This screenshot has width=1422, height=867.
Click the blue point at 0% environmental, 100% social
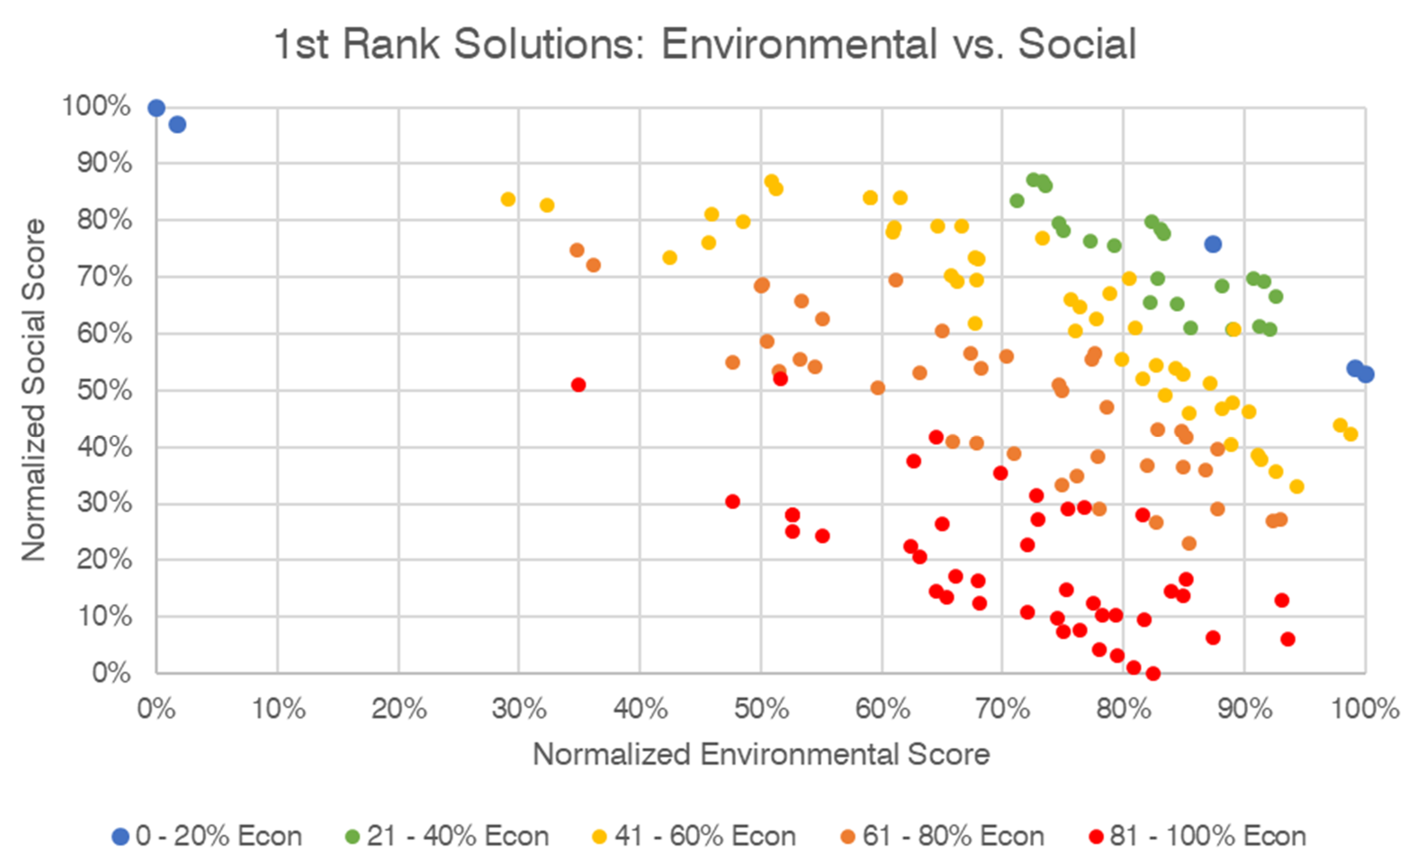coord(156,108)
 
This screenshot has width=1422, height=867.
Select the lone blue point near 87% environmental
coord(1213,244)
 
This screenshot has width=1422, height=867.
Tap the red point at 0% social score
coord(1153,673)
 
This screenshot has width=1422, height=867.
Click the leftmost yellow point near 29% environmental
coord(508,200)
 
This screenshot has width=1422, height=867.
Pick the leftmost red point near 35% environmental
coord(578,385)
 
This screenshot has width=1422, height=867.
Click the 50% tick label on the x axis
coord(761,709)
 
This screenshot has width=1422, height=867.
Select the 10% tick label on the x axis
coord(279,709)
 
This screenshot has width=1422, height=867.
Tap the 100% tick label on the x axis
coord(1365,709)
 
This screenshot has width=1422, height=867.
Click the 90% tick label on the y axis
coord(104,163)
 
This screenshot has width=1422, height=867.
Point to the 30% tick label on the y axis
coord(104,503)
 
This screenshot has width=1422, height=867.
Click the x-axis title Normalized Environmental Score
coord(761,754)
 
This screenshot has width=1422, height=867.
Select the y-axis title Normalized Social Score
coord(33,390)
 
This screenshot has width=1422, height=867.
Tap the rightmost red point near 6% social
coord(1288,639)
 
